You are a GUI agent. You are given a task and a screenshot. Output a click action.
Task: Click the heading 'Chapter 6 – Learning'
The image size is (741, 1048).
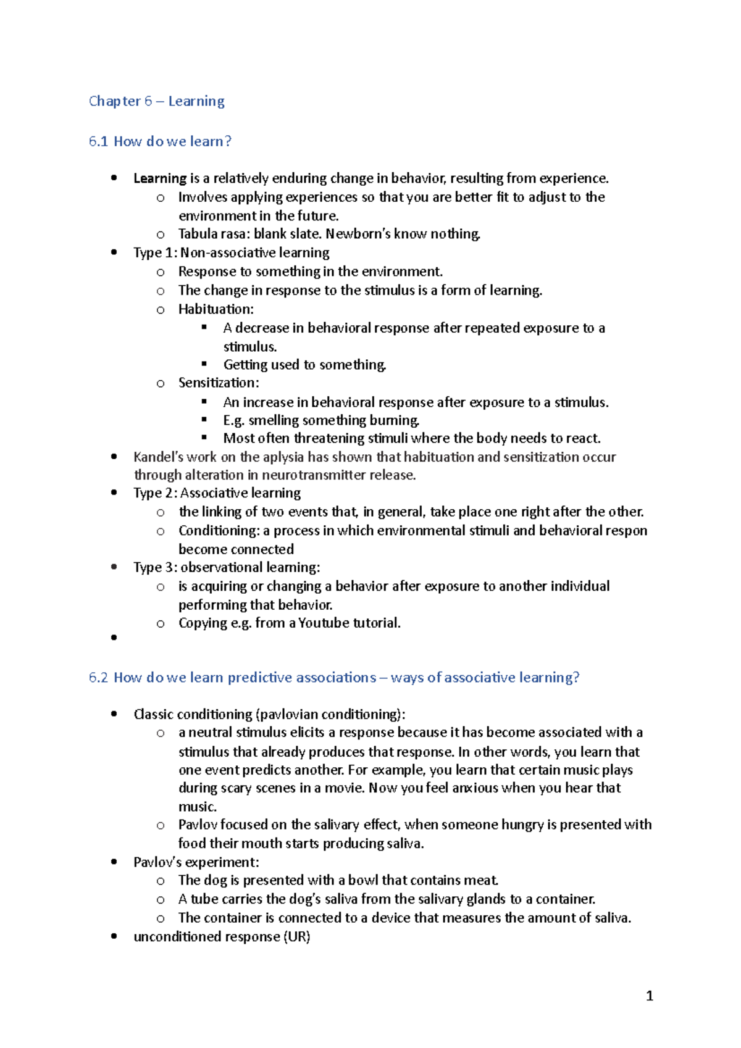[156, 101]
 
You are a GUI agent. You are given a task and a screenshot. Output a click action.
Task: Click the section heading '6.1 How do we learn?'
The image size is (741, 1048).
[160, 141]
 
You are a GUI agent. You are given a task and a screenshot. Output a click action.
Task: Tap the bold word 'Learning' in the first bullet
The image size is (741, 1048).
[159, 178]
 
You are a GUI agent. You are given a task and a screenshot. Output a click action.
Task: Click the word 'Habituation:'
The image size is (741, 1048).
[216, 309]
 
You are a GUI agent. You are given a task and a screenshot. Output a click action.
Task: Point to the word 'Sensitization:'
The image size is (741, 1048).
[219, 383]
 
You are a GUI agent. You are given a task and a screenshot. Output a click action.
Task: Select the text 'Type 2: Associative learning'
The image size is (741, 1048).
[217, 493]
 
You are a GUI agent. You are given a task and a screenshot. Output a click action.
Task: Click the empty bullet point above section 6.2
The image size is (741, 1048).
[114, 638]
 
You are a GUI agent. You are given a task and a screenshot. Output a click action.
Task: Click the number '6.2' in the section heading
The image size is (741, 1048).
[98, 678]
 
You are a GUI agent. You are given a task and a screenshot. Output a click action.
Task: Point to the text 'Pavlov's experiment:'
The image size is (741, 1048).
[196, 862]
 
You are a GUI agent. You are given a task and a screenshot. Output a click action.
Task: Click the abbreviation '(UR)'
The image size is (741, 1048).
[297, 937]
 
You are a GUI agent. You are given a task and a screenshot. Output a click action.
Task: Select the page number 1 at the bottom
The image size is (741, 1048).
[649, 996]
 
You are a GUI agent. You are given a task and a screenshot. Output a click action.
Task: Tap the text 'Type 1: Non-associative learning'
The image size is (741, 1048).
[231, 253]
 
